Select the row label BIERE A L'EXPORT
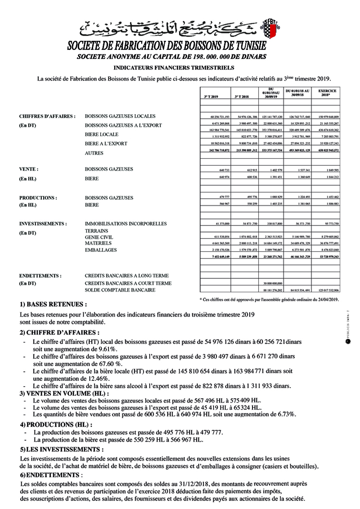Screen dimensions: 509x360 (x=106, y=143)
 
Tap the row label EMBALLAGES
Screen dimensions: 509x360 (x=100, y=250)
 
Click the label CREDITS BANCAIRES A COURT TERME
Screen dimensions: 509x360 (x=128, y=284)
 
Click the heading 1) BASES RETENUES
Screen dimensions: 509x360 (x=53, y=304)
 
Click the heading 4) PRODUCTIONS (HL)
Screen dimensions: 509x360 (x=56, y=425)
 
